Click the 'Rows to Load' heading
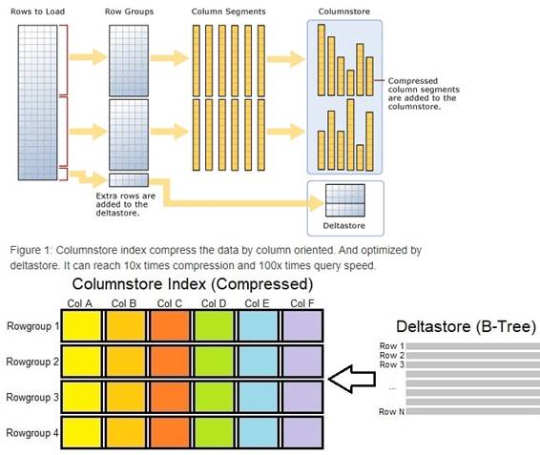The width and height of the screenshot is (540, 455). click(x=37, y=11)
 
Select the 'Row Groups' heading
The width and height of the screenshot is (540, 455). click(x=129, y=11)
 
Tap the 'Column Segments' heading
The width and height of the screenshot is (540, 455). click(x=229, y=11)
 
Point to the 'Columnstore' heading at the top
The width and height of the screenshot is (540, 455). click(x=344, y=11)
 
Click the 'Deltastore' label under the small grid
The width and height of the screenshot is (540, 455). click(x=344, y=226)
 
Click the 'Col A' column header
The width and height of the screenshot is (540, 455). click(x=80, y=303)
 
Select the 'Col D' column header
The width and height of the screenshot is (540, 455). click(x=214, y=303)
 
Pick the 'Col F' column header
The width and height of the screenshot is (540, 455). click(x=302, y=303)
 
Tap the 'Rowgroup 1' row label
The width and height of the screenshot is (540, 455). click(x=33, y=326)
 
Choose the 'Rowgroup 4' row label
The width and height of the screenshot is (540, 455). click(x=32, y=433)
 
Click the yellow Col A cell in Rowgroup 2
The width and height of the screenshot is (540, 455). click(x=82, y=362)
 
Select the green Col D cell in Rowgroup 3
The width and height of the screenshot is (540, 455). click(x=215, y=397)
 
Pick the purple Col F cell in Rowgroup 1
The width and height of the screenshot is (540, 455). click(x=302, y=326)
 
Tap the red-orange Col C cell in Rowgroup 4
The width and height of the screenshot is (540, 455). click(x=170, y=432)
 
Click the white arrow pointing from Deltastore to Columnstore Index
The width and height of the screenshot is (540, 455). click(x=352, y=379)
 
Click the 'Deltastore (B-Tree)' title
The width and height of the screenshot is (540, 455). click(x=466, y=326)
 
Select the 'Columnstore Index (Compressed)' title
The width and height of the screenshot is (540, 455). click(x=193, y=284)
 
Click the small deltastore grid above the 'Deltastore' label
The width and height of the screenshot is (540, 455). click(x=345, y=200)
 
